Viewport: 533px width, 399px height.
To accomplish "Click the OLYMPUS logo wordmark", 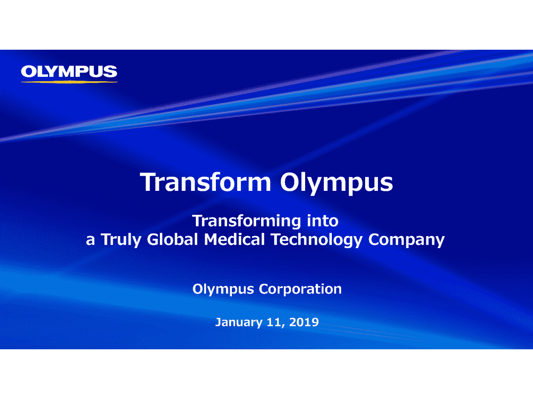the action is coord(69,71).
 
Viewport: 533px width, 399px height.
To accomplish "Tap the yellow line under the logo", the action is coord(69,82).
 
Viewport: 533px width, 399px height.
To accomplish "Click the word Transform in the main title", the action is coord(205,182).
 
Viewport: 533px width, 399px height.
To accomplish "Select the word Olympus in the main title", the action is coord(336,183).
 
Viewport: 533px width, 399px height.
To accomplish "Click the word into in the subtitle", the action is coord(323,221).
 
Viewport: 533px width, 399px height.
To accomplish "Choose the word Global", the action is coord(172,239).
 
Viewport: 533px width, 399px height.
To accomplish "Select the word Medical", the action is coord(234,239).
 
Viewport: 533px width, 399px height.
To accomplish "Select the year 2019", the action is coord(304,322).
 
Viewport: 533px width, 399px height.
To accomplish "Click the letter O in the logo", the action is coord(29,71).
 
